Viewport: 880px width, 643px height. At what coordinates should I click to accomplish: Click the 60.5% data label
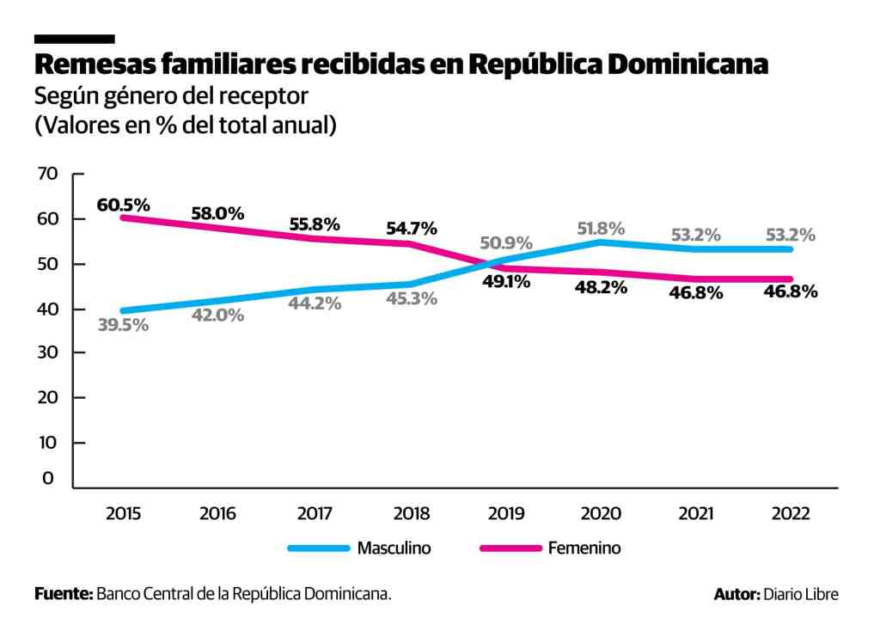[x=124, y=205]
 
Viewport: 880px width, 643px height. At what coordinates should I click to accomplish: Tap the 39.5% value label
[x=123, y=325]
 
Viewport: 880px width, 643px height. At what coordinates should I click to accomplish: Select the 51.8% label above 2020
[x=601, y=229]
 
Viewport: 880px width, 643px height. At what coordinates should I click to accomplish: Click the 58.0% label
[x=217, y=213]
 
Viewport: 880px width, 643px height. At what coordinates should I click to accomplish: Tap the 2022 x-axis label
[x=791, y=514]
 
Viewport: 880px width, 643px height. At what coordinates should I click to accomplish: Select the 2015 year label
[x=124, y=514]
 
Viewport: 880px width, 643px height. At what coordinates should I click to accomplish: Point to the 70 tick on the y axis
[x=48, y=174]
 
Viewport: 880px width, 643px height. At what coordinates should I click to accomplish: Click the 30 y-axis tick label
[x=48, y=353]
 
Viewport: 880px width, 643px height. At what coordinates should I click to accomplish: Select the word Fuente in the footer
[x=63, y=594]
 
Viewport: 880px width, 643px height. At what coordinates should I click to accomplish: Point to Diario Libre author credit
[x=800, y=594]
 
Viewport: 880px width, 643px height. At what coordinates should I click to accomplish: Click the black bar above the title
[x=74, y=39]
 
